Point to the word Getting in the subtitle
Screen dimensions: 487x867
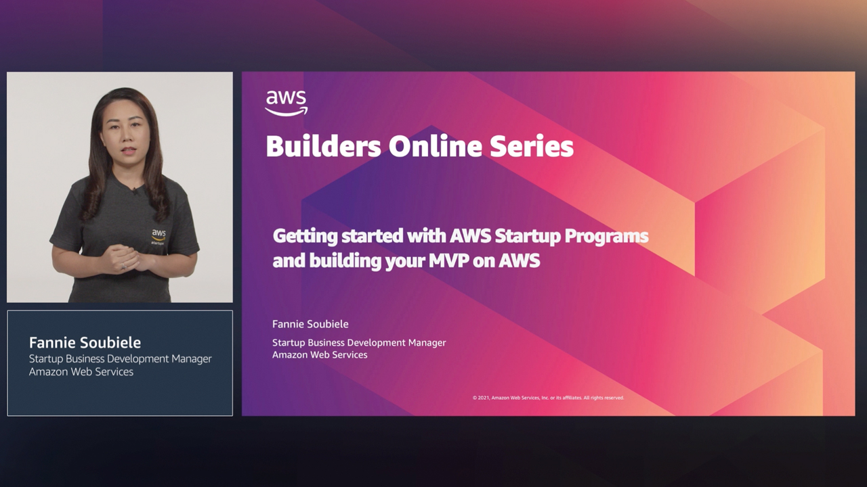303,237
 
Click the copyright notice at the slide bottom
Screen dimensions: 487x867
548,398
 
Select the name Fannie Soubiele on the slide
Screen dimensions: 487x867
310,324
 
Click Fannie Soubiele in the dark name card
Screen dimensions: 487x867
85,342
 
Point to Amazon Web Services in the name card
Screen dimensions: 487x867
81,371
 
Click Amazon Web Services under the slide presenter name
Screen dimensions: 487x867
320,354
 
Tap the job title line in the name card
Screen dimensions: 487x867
120,358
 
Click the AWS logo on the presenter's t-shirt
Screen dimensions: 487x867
158,235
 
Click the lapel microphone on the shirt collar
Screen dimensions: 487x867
135,191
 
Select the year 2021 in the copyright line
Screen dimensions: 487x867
484,398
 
